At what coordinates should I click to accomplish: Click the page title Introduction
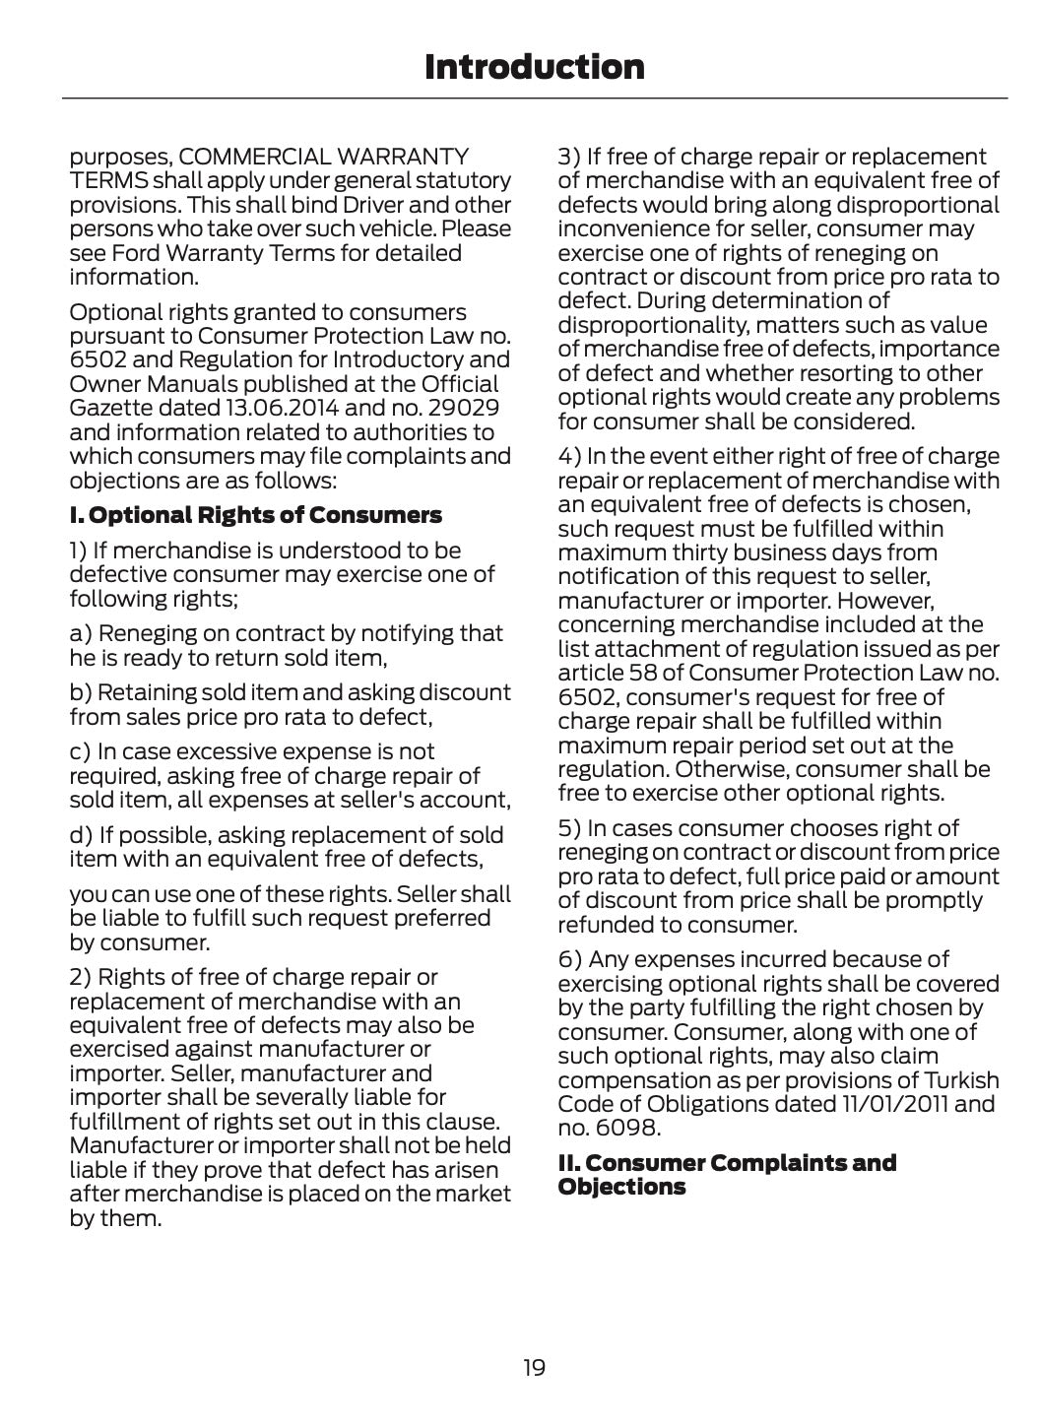pos(534,67)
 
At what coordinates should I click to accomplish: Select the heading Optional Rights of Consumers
pos(255,515)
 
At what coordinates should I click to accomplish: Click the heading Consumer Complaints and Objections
pos(727,1175)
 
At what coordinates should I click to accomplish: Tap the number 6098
pos(625,1129)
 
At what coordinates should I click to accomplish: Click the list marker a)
pos(80,633)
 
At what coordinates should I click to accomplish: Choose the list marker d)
pos(81,835)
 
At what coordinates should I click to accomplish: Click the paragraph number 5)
pos(569,828)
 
